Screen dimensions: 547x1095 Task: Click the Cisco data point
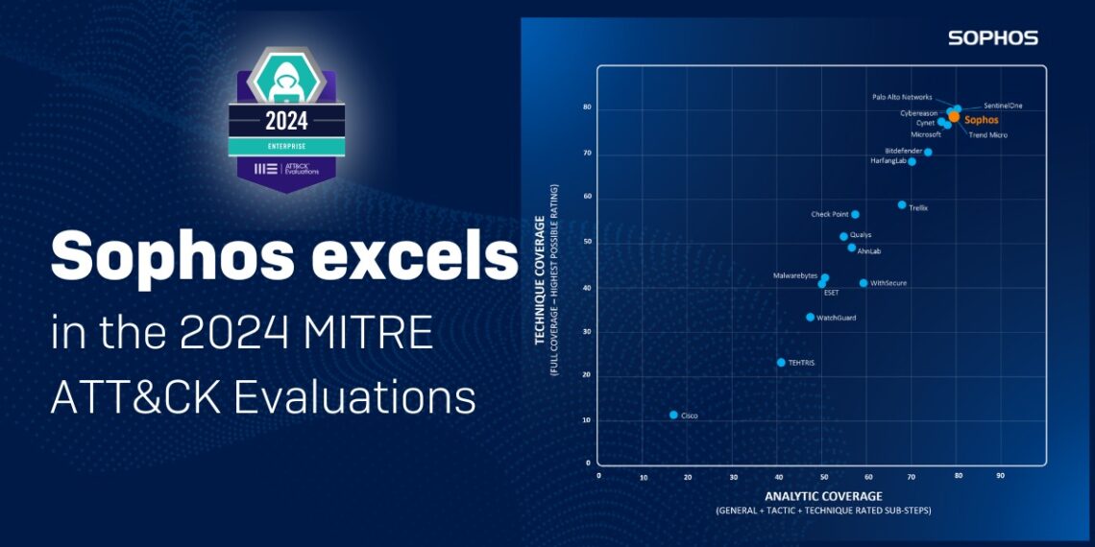(673, 415)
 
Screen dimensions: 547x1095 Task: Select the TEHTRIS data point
(781, 363)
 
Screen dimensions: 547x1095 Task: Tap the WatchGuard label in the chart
(836, 318)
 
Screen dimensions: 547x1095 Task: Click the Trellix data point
(902, 204)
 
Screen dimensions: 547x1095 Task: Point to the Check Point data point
(855, 214)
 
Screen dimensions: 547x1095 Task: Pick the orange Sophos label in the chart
(981, 121)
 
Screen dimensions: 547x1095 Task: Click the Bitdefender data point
(928, 152)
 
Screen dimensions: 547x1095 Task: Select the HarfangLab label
(888, 161)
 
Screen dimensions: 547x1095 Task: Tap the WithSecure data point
(864, 283)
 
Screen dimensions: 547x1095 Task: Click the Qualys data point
(843, 236)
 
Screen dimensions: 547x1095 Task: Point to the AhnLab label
(868, 251)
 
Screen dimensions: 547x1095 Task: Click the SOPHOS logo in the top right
(992, 38)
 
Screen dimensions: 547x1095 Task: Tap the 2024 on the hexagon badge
(286, 121)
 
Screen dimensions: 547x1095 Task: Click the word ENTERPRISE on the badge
(286, 146)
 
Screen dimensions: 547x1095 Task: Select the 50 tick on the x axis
(823, 476)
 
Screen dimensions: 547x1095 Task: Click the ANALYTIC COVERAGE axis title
(822, 496)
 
